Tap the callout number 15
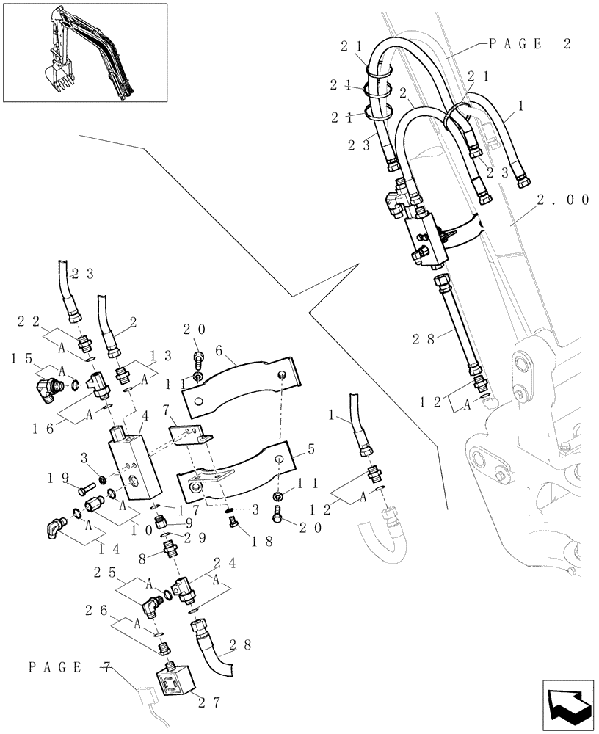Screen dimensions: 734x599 (x=21, y=357)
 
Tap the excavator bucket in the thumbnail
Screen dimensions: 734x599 (x=56, y=73)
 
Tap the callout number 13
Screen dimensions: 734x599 (x=161, y=355)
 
